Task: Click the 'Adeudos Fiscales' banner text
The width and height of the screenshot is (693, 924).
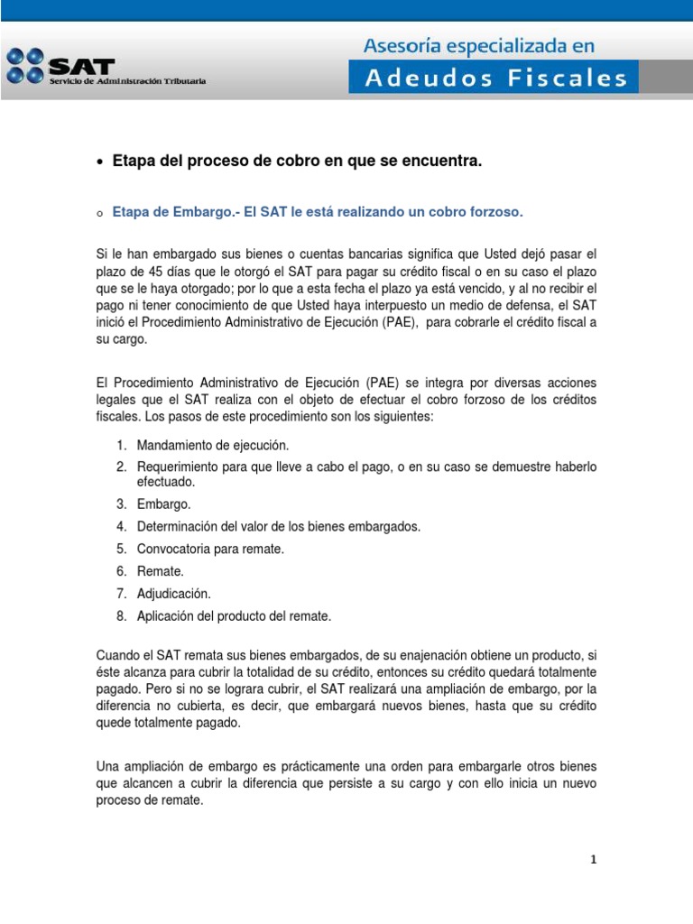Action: pos(495,78)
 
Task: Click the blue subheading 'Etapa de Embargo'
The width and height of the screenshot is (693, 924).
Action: pos(318,212)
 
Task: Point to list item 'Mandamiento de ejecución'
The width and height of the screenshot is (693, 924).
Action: pos(213,446)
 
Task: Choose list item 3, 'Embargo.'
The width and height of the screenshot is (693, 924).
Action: pos(163,504)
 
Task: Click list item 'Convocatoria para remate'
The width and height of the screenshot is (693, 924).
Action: pos(210,549)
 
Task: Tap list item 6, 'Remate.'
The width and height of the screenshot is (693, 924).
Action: pos(160,571)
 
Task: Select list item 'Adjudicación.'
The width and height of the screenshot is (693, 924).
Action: pos(173,594)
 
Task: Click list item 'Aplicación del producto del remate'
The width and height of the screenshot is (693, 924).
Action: pos(234,616)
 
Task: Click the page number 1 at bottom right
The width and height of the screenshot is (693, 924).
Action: pos(594,860)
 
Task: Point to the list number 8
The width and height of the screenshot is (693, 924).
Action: pos(120,616)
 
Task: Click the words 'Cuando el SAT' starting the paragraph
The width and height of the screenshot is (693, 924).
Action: pos(138,654)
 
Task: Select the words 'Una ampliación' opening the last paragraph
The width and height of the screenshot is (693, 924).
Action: pos(139,766)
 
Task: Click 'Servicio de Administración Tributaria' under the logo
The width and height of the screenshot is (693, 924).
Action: pos(127,81)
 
